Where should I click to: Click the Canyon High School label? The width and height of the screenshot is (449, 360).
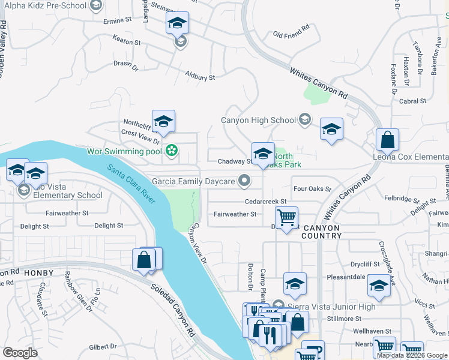click(259, 120)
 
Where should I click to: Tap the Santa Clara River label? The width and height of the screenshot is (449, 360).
click(130, 184)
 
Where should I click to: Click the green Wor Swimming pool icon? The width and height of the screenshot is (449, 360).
click(172, 150)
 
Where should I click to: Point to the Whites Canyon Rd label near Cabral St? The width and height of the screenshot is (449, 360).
click(319, 83)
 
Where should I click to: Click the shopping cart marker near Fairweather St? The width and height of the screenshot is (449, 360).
click(287, 217)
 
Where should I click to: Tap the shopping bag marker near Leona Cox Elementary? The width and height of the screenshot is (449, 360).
click(388, 140)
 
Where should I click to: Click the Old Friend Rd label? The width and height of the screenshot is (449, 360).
click(291, 31)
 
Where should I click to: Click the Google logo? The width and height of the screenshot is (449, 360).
click(20, 353)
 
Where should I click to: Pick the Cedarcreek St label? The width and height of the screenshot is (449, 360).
click(266, 202)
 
